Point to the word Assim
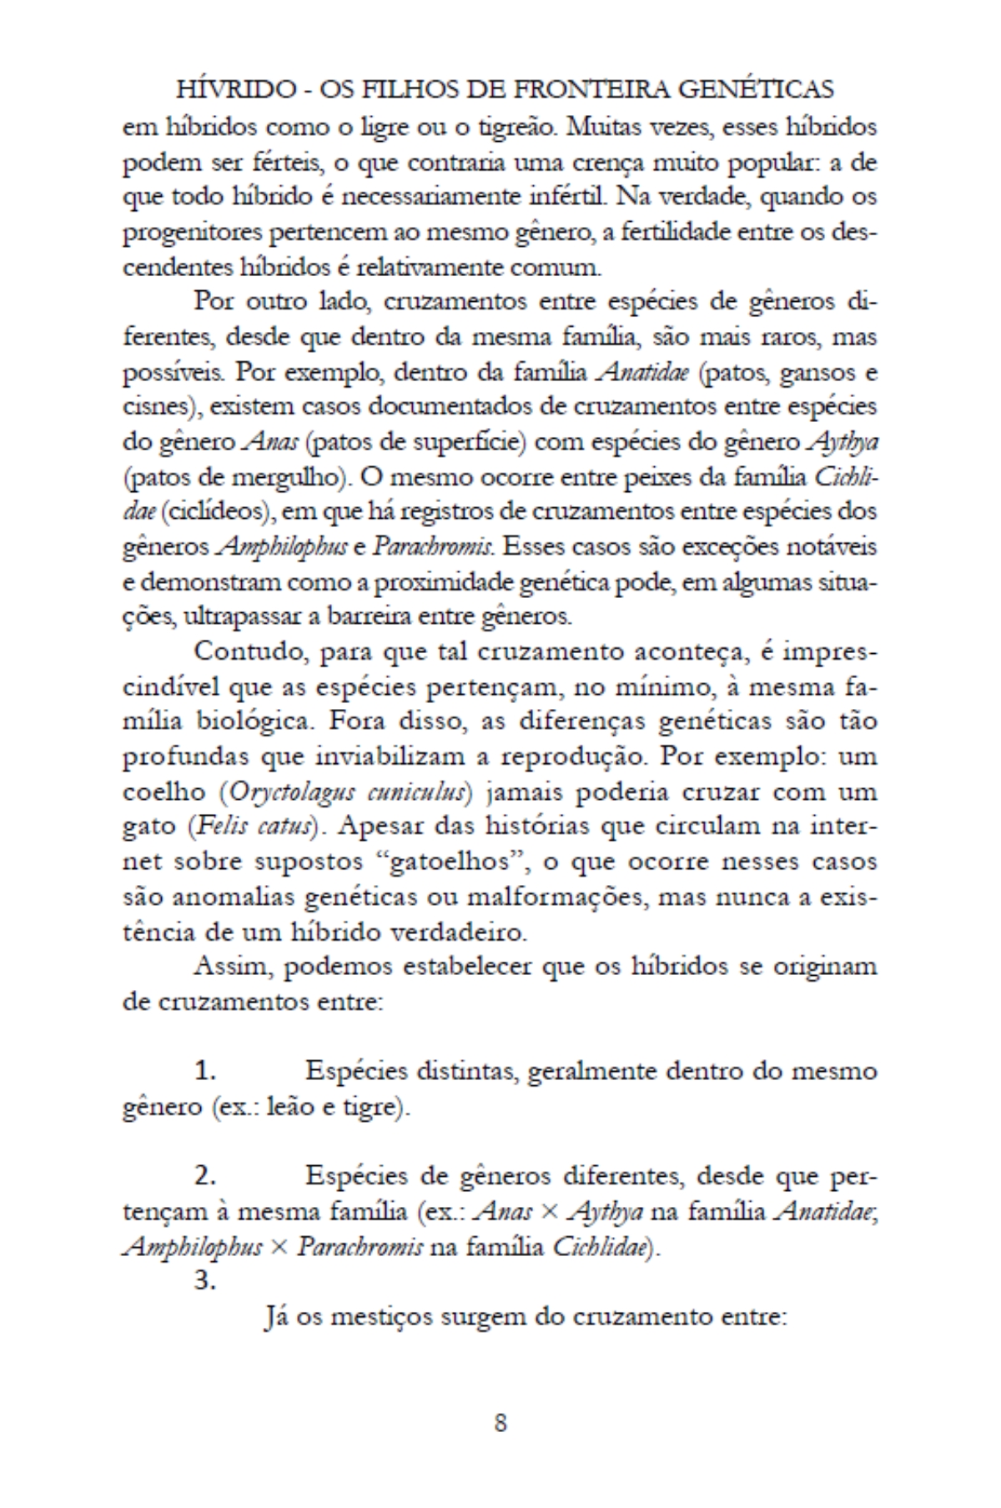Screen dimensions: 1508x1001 (230, 967)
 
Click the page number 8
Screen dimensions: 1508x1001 (500, 1423)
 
